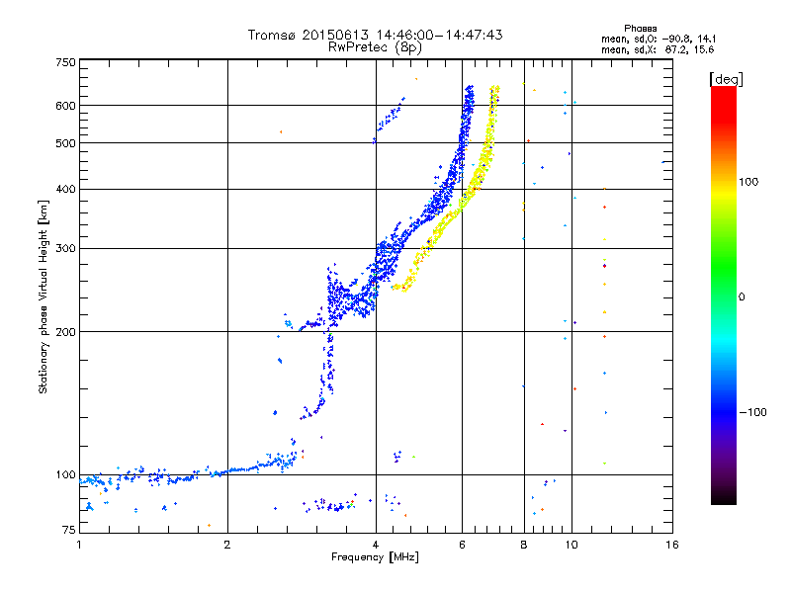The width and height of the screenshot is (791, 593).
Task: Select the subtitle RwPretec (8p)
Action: pos(376,46)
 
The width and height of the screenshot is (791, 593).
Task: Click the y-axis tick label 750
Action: pos(66,62)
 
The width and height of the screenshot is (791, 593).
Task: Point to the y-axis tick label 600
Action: pos(66,105)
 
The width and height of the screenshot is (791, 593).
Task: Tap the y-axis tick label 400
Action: pos(66,189)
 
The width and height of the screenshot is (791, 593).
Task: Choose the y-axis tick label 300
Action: pos(66,248)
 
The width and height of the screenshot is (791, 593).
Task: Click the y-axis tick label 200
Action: pos(66,331)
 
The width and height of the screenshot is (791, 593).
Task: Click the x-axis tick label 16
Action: pos(671,545)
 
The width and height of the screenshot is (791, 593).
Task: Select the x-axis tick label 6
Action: pos(462,545)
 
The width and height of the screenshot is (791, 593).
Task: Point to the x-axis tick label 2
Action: pos(227,545)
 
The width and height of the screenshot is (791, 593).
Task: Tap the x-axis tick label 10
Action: pos(571,545)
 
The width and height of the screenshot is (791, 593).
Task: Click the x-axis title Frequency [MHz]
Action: pos(376,558)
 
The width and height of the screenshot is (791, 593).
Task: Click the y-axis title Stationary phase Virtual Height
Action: pos(44,296)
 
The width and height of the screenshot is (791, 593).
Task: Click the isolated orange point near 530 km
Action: pos(281,131)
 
